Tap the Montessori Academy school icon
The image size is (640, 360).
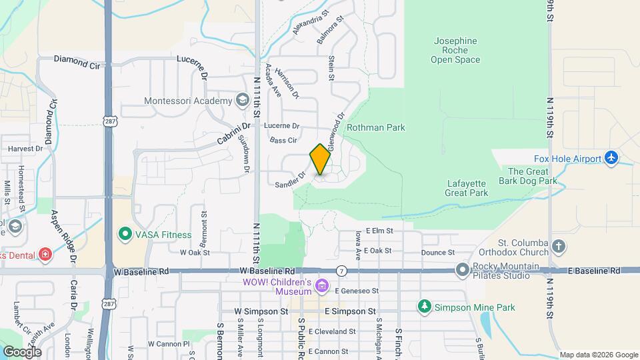(x=242, y=101)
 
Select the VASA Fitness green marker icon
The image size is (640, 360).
(x=124, y=234)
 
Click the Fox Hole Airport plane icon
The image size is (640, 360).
(x=611, y=158)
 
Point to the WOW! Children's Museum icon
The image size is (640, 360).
(x=323, y=286)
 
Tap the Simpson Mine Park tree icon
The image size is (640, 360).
(x=424, y=307)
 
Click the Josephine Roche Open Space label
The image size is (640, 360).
(x=455, y=50)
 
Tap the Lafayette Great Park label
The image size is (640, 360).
(x=467, y=188)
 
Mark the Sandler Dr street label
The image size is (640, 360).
(x=290, y=179)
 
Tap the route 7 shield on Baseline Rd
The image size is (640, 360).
(x=341, y=271)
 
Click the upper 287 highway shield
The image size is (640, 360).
(x=109, y=120)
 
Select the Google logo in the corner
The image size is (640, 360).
(x=21, y=351)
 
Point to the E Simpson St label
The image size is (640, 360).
(x=345, y=311)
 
